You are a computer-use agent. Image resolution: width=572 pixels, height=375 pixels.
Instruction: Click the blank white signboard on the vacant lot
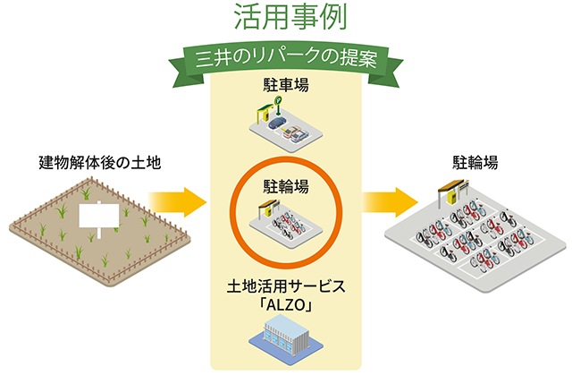tap(99, 216)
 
